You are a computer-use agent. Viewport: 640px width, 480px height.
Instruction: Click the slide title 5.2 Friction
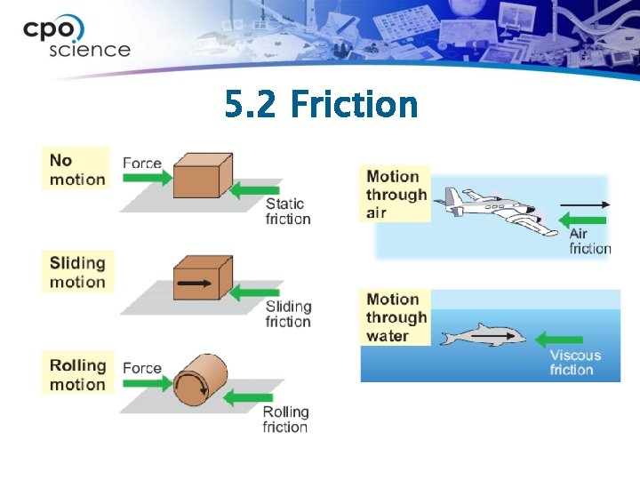(x=321, y=105)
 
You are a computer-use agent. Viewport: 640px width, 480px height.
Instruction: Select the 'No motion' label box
(x=77, y=169)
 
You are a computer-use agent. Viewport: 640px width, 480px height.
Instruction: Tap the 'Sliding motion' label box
(x=77, y=272)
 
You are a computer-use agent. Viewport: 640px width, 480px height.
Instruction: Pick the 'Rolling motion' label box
(x=77, y=374)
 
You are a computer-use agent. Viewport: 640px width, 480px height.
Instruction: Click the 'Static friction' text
(x=288, y=212)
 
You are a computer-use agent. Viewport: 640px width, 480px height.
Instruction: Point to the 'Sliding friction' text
(x=288, y=314)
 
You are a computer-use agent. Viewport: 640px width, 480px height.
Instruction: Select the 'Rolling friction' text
(x=285, y=419)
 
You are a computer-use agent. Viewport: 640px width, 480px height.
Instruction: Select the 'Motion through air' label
(x=396, y=194)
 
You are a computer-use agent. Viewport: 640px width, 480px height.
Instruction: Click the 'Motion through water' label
(x=396, y=317)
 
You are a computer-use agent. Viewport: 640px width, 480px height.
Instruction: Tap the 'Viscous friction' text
(x=575, y=363)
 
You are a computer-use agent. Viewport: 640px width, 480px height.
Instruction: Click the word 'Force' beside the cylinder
(x=142, y=367)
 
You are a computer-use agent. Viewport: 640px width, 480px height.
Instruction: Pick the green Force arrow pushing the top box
(x=147, y=179)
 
